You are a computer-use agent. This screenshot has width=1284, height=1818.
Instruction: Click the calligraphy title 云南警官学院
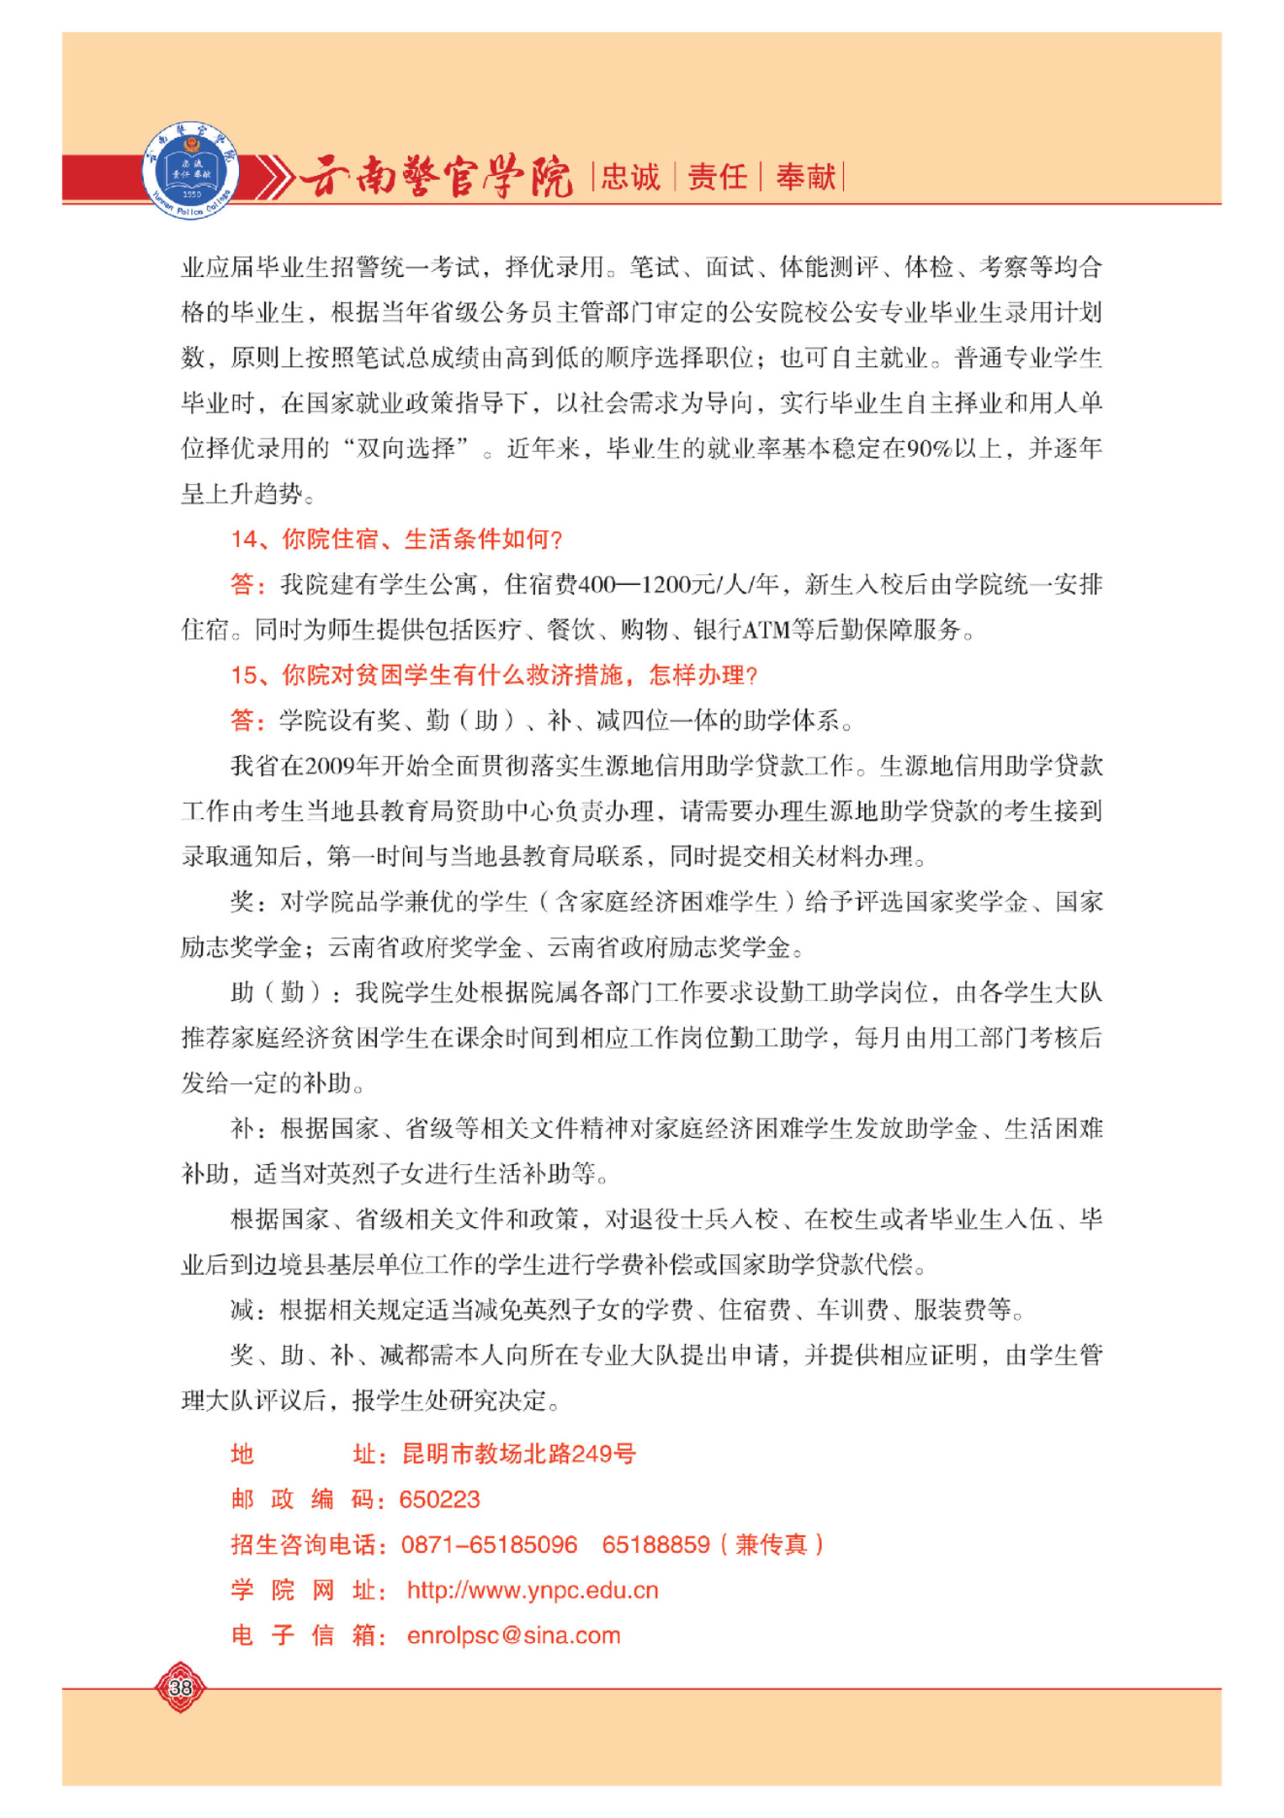436,177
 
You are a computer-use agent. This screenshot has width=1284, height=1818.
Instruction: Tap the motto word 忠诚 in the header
630,178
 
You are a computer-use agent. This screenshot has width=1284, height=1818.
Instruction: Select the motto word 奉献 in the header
805,178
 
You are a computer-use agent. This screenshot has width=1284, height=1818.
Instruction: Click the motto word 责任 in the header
717,178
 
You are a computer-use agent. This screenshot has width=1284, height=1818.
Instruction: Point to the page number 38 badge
180,1688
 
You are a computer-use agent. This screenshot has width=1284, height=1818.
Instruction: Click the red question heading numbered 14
396,540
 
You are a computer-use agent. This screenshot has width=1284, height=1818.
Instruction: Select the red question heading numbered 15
495,675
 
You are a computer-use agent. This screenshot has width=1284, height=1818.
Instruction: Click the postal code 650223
439,1499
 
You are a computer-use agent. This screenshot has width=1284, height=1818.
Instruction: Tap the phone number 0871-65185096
489,1544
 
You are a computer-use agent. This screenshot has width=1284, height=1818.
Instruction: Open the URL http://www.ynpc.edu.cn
532,1590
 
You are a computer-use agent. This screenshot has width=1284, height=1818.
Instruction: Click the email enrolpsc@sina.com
513,1635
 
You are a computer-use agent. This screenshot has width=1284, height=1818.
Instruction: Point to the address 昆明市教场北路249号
518,1454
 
